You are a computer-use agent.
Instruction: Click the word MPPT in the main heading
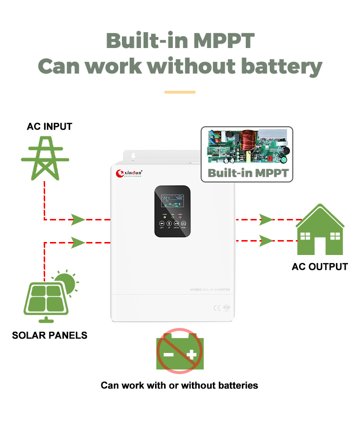click(x=224, y=40)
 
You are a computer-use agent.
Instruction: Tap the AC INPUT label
click(x=49, y=127)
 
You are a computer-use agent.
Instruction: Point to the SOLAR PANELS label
click(x=49, y=335)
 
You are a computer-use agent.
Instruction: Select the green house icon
click(x=320, y=230)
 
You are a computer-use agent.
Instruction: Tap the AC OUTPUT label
click(x=320, y=267)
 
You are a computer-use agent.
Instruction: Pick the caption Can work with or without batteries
click(x=179, y=385)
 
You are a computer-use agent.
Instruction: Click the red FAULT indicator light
click(x=180, y=218)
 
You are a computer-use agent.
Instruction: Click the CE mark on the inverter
click(x=217, y=308)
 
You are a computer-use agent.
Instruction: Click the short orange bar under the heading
click(x=180, y=92)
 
